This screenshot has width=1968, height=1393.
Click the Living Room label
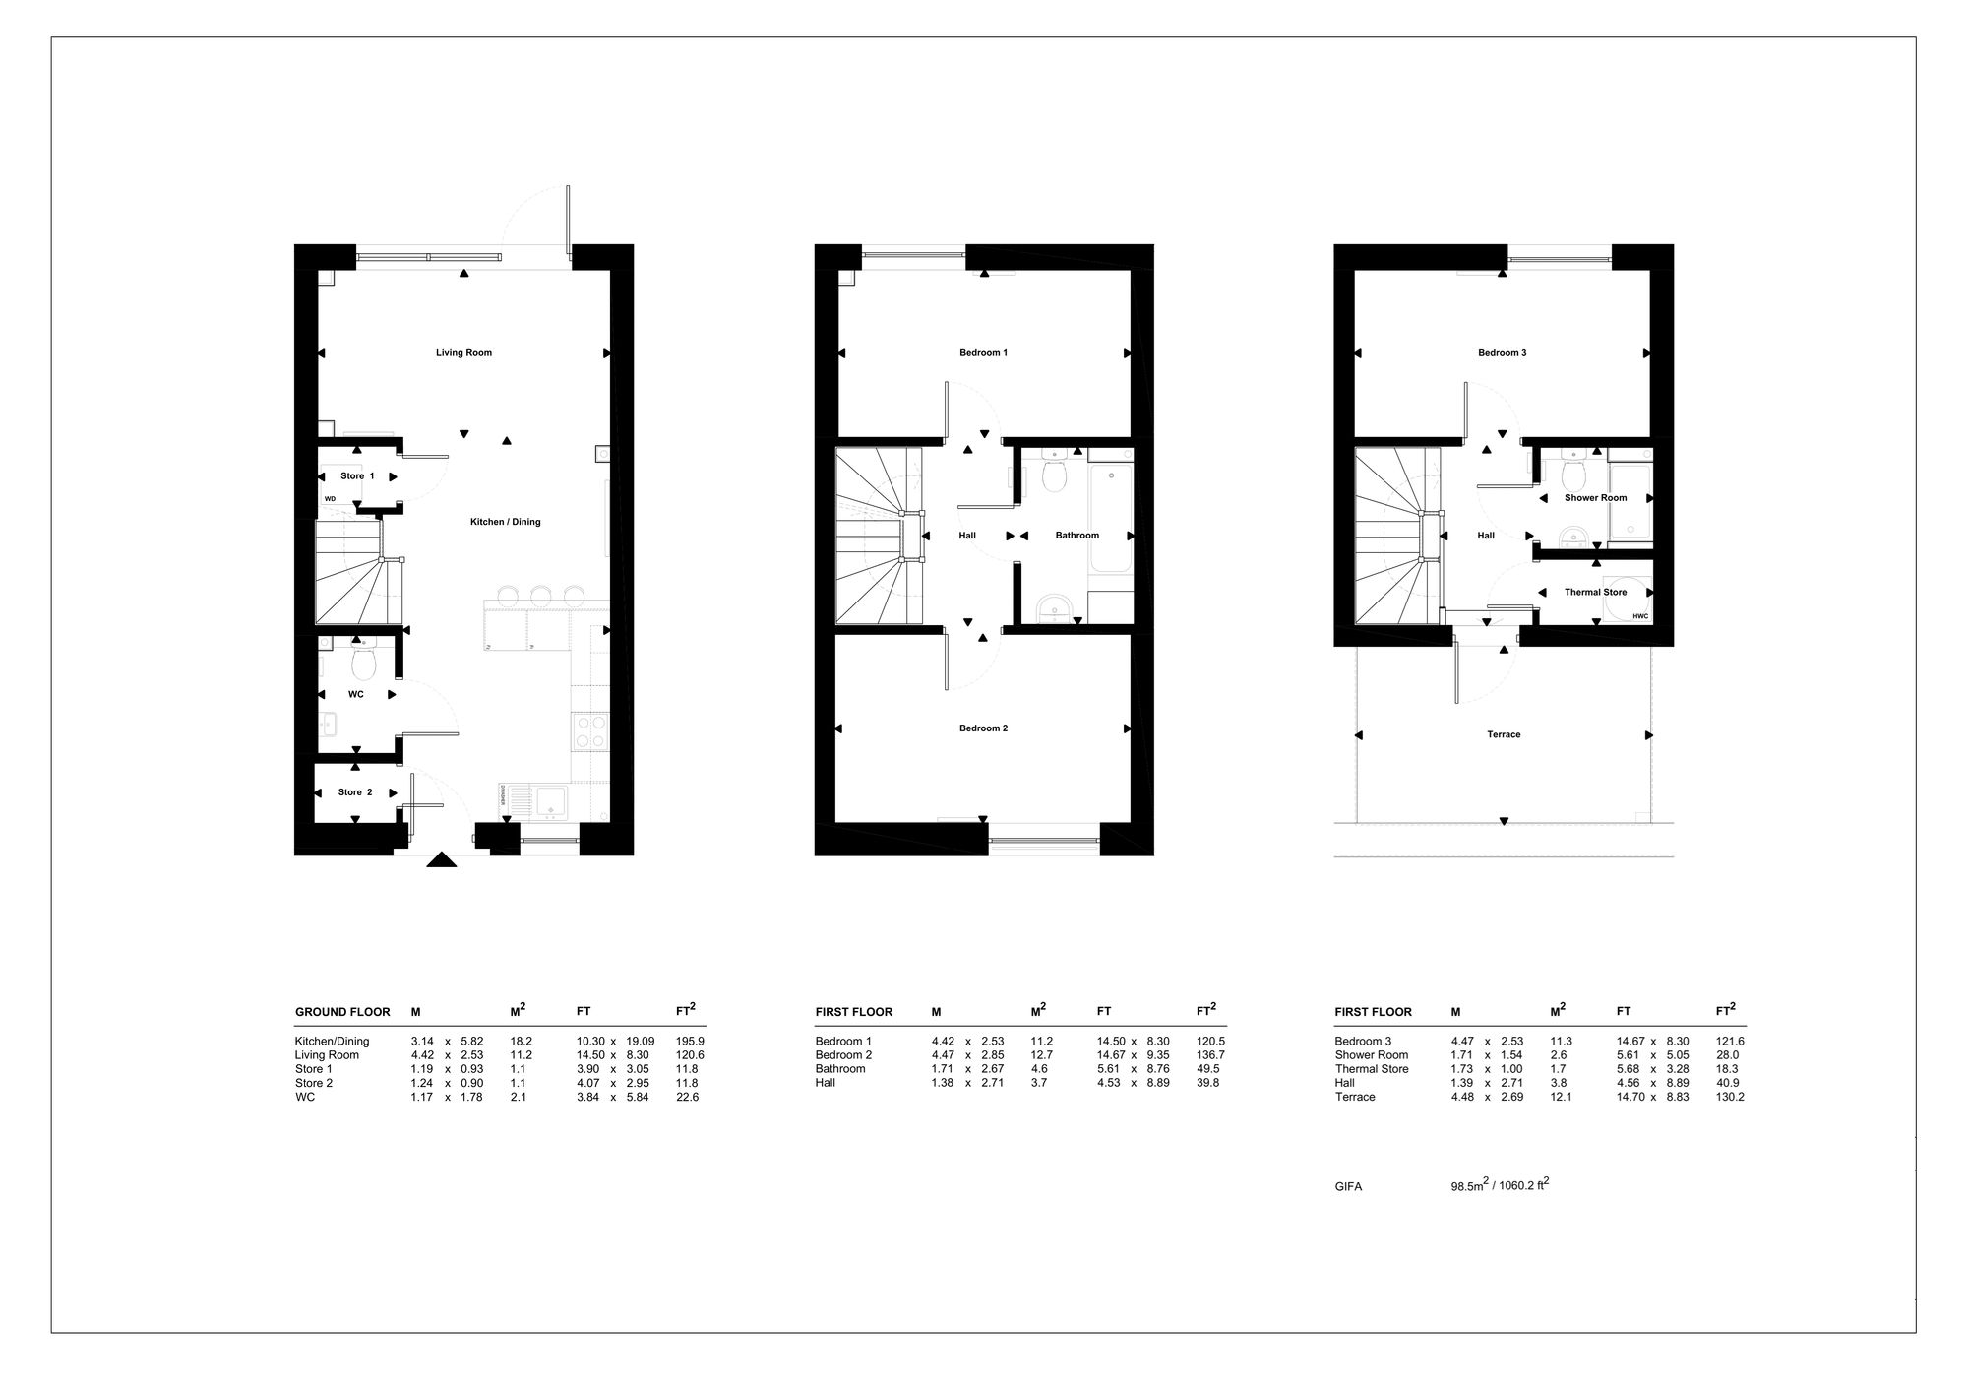(463, 352)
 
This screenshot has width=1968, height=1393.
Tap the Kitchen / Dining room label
(505, 522)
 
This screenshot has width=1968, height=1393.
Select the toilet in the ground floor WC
(363, 663)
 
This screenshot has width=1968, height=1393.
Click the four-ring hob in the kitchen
(590, 731)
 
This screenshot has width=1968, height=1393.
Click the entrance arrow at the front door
(442, 859)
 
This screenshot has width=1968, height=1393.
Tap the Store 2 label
(355, 792)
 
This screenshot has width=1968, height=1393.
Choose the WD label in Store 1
(330, 499)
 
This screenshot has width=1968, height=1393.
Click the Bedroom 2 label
(983, 728)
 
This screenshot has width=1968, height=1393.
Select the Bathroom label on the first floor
(1076, 536)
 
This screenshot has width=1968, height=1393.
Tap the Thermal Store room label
(1595, 592)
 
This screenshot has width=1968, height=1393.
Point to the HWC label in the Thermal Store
(1639, 617)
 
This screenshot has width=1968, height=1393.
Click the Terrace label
(1504, 734)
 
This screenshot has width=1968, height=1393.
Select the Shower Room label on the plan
(1595, 498)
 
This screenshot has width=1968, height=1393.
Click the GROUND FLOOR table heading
(342, 1012)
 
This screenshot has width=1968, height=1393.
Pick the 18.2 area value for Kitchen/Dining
(522, 1041)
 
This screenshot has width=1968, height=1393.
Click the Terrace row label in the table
(1354, 1097)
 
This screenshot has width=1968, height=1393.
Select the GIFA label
(1348, 1187)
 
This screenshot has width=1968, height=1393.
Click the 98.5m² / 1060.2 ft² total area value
(1500, 1185)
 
